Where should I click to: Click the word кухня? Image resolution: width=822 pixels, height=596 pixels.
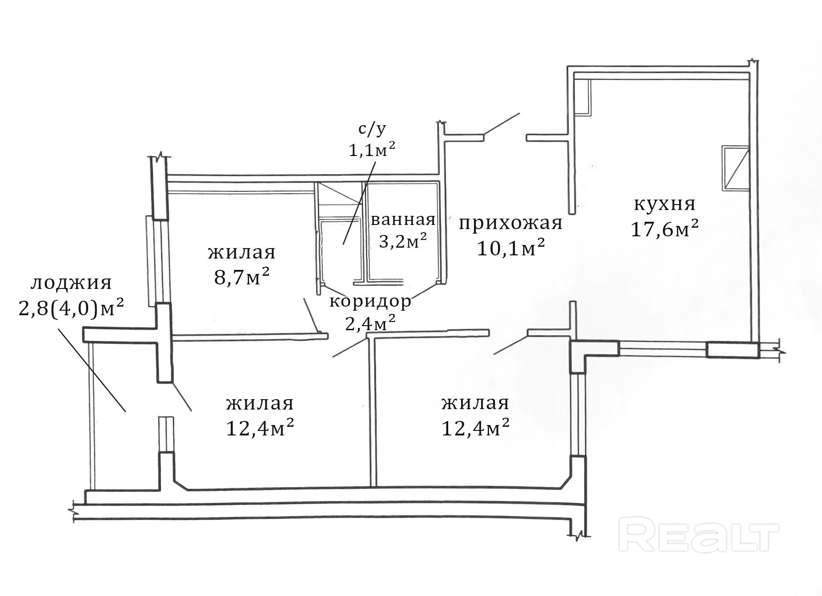pos(664,204)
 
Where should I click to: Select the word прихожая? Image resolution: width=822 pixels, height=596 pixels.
pos(510,223)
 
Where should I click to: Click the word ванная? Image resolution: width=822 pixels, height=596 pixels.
pos(403,220)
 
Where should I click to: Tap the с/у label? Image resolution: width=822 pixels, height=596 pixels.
pos(372,129)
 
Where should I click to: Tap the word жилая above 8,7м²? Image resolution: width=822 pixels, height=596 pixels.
pos(242,252)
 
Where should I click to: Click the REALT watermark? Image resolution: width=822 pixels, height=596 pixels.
pos(699,537)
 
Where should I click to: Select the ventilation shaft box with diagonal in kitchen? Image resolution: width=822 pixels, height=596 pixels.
pos(735,167)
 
